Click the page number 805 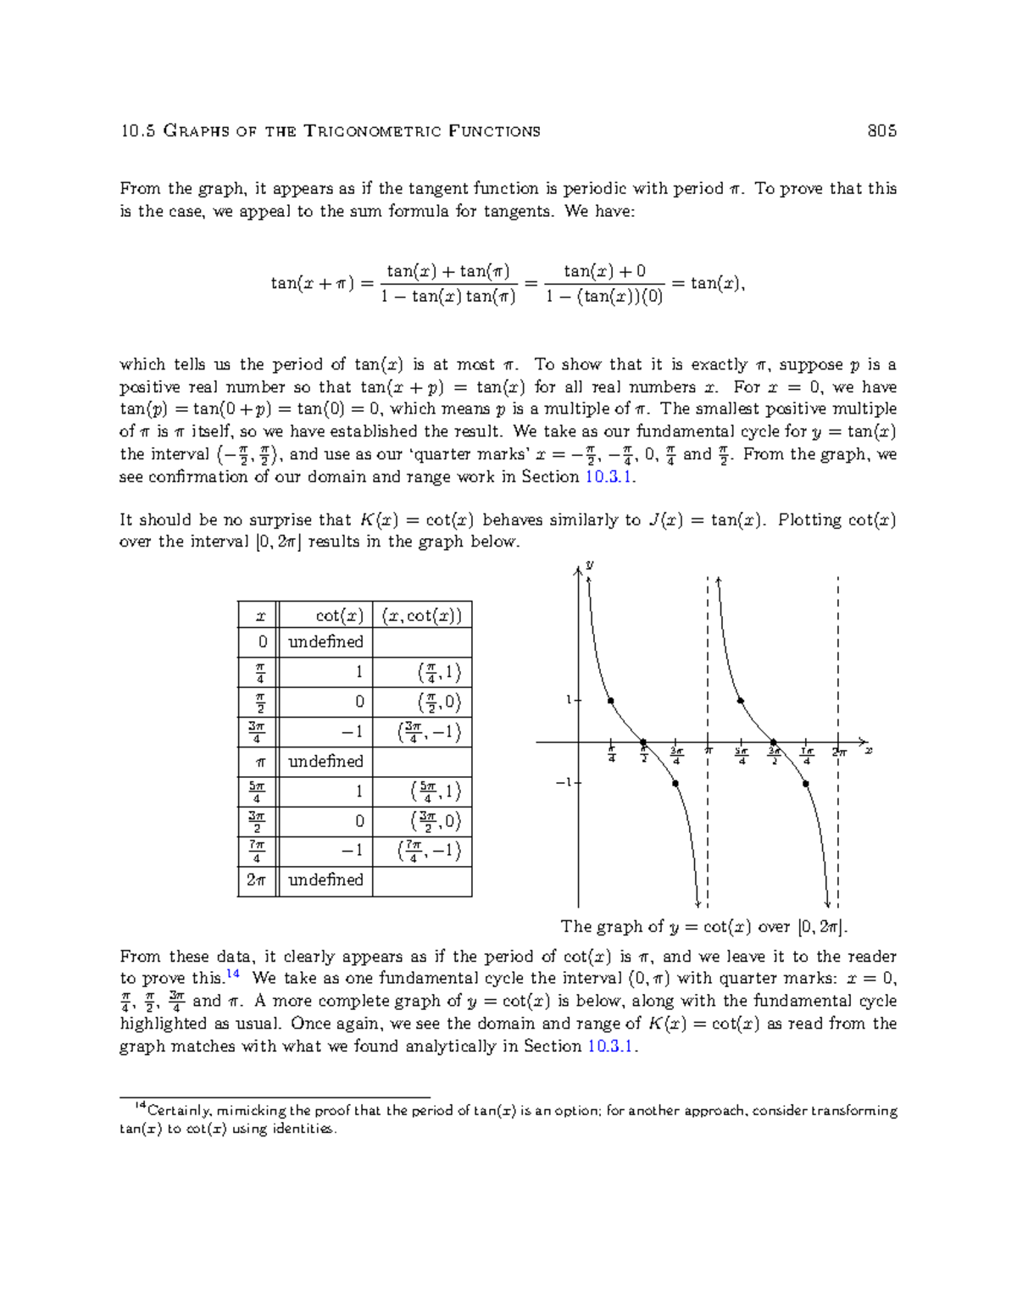click(881, 130)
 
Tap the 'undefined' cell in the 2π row click(325, 880)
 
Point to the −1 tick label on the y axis click(563, 782)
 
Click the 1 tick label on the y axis click(569, 700)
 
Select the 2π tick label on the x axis click(839, 752)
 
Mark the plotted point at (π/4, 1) click(611, 701)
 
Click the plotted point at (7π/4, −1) click(806, 784)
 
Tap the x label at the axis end click(868, 751)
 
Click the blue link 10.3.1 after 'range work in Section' click(609, 476)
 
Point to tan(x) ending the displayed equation click(717, 283)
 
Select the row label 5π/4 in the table click(257, 791)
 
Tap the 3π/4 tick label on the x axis click(676, 755)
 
